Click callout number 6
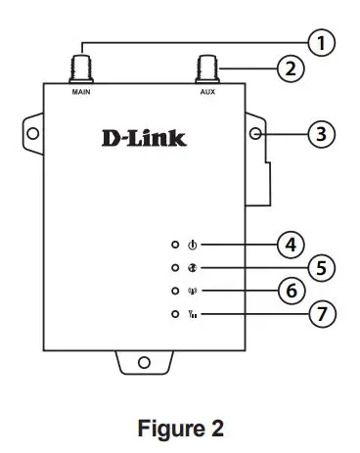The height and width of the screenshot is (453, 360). click(288, 291)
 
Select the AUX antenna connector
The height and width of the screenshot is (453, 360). click(206, 69)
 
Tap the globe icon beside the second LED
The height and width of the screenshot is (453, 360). click(193, 267)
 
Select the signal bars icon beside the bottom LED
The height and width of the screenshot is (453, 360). click(193, 314)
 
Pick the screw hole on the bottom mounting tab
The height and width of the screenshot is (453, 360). click(144, 362)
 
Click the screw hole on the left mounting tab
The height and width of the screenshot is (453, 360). click(32, 132)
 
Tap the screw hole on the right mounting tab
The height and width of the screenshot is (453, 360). click(257, 132)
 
